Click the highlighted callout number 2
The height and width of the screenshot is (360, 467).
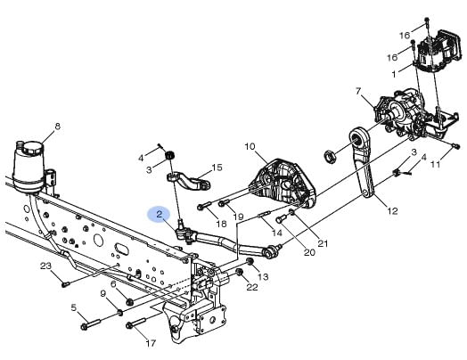click(x=159, y=214)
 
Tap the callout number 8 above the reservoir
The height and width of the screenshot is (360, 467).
click(x=57, y=127)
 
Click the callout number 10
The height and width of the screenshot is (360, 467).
click(x=250, y=146)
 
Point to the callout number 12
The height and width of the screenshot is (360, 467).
click(x=392, y=211)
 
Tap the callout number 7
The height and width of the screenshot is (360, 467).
click(x=359, y=91)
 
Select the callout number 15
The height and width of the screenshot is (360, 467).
click(x=217, y=168)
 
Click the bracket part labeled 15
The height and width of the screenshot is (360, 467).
click(x=189, y=181)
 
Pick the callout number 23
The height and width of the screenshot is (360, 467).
click(x=45, y=266)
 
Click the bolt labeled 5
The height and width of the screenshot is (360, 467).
click(x=91, y=324)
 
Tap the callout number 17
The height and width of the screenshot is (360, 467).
click(x=151, y=343)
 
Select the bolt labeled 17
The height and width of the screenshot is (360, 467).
click(x=135, y=323)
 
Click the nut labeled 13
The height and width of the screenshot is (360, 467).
click(x=250, y=262)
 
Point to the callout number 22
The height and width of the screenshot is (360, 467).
click(x=252, y=287)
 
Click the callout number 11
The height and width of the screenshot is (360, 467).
click(x=436, y=164)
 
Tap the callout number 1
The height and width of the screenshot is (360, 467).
click(x=394, y=74)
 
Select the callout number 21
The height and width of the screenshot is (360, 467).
click(x=323, y=243)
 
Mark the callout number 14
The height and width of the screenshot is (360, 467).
click(x=277, y=233)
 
